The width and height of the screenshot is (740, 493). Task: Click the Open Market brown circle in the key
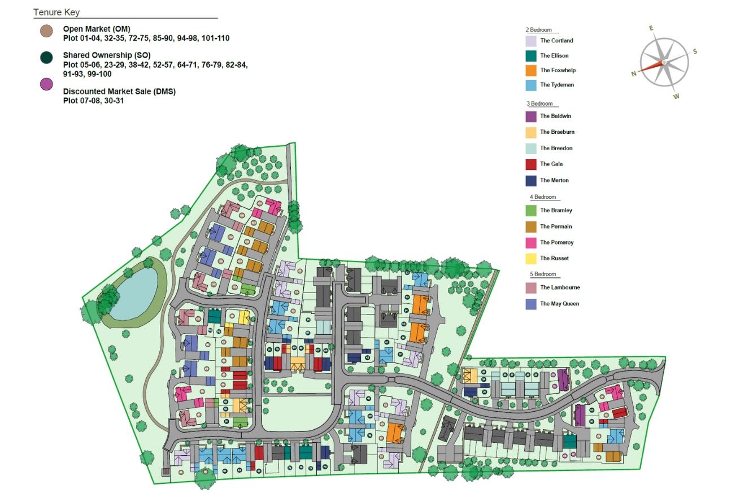point(47,32)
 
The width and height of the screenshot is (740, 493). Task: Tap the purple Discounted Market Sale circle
point(47,84)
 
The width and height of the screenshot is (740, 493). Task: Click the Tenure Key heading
point(56,12)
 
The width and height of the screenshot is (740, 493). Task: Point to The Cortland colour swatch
point(530,41)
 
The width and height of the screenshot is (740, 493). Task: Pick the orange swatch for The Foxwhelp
point(530,71)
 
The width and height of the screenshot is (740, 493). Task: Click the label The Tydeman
point(556,85)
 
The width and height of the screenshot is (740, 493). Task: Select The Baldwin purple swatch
point(530,116)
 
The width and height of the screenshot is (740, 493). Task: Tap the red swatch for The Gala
point(530,164)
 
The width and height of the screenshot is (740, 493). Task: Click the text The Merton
point(554,181)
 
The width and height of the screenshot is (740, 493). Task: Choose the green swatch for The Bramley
point(530,211)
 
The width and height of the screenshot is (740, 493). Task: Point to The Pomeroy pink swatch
point(530,243)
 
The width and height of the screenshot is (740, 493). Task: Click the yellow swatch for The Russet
point(530,259)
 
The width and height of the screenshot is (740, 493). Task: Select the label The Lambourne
point(560,288)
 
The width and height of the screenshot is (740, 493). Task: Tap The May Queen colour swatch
point(530,304)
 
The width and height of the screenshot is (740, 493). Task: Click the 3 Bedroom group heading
point(539,104)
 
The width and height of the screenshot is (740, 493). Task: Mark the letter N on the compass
point(634,73)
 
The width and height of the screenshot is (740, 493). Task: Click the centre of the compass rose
point(664,62)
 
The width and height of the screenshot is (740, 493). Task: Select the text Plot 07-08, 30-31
point(93,101)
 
